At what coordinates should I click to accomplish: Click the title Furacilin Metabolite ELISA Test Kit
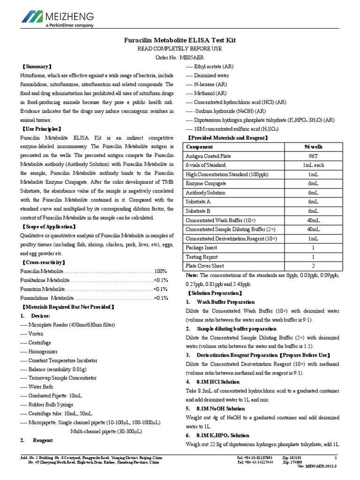(180, 40)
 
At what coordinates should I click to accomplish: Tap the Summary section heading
(38, 67)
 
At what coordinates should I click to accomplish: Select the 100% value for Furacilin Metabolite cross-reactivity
(161, 271)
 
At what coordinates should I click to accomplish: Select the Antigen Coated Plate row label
(209, 156)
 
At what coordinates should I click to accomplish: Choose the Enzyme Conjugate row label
(206, 183)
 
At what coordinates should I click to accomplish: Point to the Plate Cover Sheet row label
(206, 266)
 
